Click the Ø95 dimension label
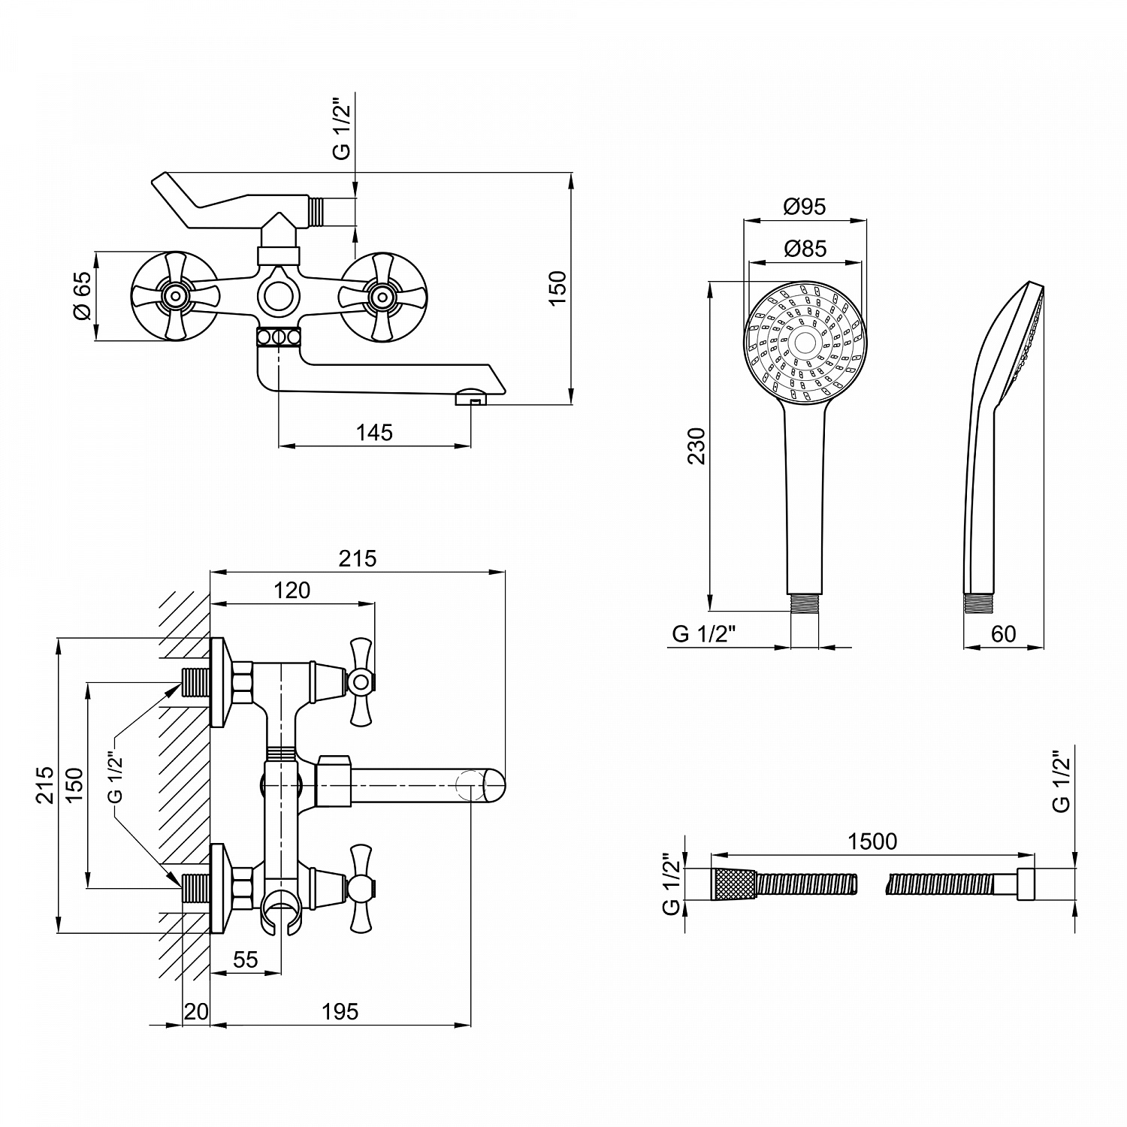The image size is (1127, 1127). coord(804,206)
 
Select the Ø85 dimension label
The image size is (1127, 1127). coord(804,248)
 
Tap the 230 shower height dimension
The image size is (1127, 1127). coord(698,446)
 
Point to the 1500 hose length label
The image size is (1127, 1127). coord(872,841)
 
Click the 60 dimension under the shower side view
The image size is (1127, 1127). coord(1004,634)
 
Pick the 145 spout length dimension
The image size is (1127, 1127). coord(375,433)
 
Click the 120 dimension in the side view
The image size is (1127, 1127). coord(292,591)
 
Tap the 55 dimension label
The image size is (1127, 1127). coord(246,959)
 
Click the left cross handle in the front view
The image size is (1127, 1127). coord(174,295)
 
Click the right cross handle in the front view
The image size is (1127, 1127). coord(383,295)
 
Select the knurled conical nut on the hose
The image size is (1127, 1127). coord(733,884)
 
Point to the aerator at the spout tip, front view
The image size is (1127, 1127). coord(471,396)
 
